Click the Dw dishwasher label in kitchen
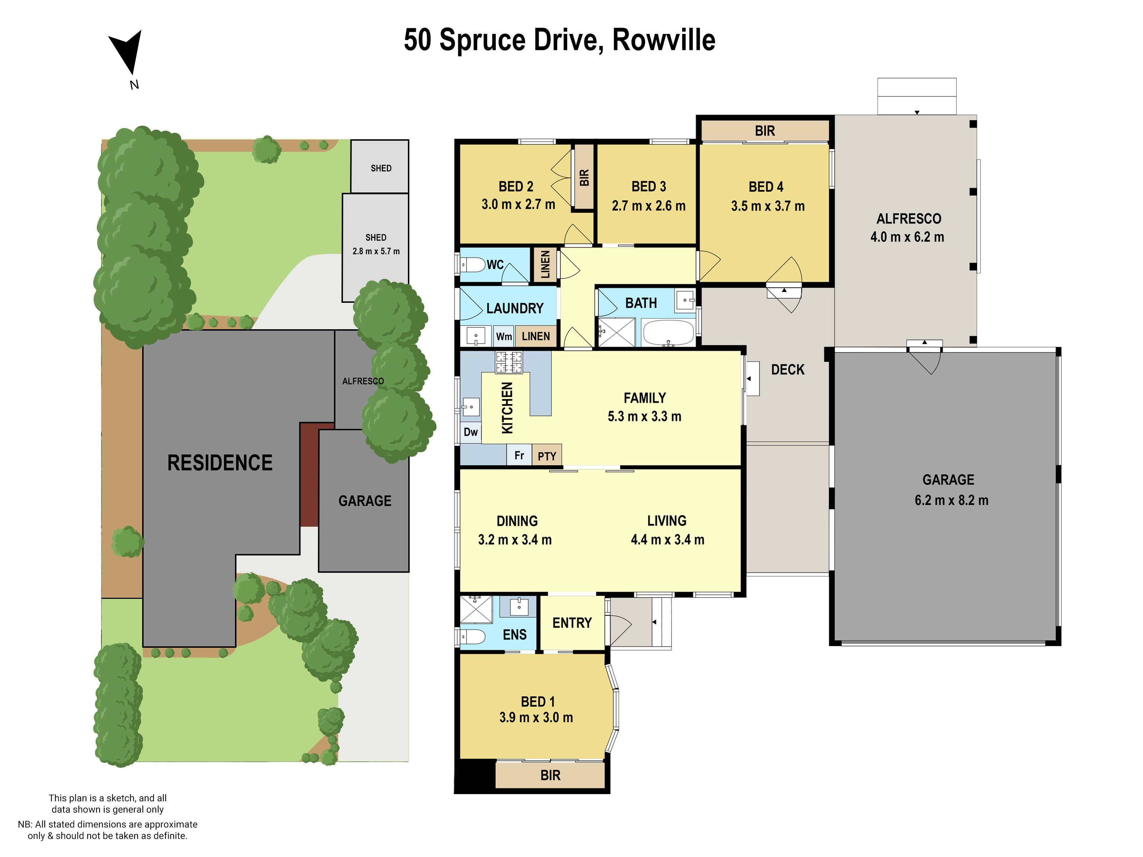(x=470, y=432)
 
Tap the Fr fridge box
(x=519, y=455)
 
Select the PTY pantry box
(x=547, y=456)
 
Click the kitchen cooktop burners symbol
(x=509, y=362)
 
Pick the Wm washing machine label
(x=503, y=336)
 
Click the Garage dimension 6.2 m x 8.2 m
(x=951, y=500)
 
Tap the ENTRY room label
(x=571, y=623)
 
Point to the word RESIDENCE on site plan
(x=220, y=462)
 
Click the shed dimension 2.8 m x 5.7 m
(x=376, y=251)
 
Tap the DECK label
(x=788, y=369)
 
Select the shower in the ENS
(x=475, y=610)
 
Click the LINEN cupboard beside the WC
(x=545, y=265)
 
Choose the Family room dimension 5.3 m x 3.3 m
(x=644, y=416)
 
